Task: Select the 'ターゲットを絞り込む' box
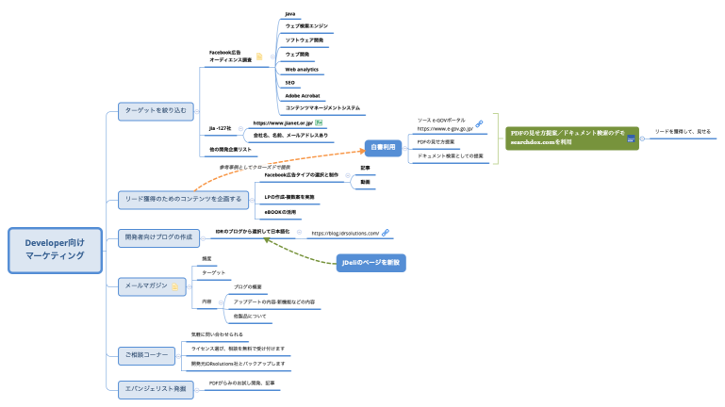tap(157, 110)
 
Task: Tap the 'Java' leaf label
tap(290, 14)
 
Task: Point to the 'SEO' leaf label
tap(290, 82)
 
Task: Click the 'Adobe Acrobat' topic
tap(303, 95)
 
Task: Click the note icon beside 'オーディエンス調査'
tap(260, 57)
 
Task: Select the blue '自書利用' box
tap(384, 147)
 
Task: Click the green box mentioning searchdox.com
tap(571, 138)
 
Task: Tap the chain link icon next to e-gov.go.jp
tap(479, 123)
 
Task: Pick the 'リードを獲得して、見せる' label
tap(683, 131)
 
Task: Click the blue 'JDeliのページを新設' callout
tap(371, 262)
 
